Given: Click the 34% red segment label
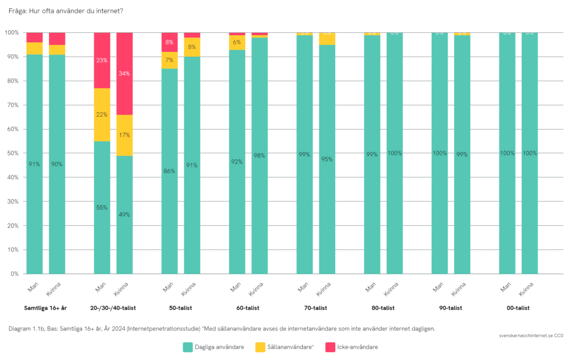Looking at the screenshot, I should pyautogui.click(x=125, y=73).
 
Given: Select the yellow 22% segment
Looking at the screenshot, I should pyautogui.click(x=102, y=115).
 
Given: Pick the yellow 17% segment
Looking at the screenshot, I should pyautogui.click(x=125, y=135).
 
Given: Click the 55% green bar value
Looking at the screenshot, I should pyautogui.click(x=102, y=208).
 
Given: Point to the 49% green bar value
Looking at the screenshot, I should pyautogui.click(x=125, y=215).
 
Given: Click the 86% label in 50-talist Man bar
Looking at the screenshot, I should pyautogui.click(x=169, y=171).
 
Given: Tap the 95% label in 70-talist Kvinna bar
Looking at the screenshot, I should pyautogui.click(x=327, y=159).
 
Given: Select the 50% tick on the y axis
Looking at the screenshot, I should pyautogui.click(x=12, y=154).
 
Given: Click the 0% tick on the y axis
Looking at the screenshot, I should pyautogui.click(x=14, y=274).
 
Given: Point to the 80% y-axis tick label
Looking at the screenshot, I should pyautogui.click(x=12, y=81).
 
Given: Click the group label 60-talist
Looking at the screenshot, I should pyautogui.click(x=248, y=308).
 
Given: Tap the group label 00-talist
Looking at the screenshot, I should pyautogui.click(x=518, y=308).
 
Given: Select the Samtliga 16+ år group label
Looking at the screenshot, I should pyautogui.click(x=46, y=308).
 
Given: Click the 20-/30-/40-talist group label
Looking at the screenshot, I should pyautogui.click(x=113, y=308).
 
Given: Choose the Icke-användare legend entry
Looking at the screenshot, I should pyautogui.click(x=358, y=347).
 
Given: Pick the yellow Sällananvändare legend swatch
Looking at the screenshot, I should pyautogui.click(x=261, y=347).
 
